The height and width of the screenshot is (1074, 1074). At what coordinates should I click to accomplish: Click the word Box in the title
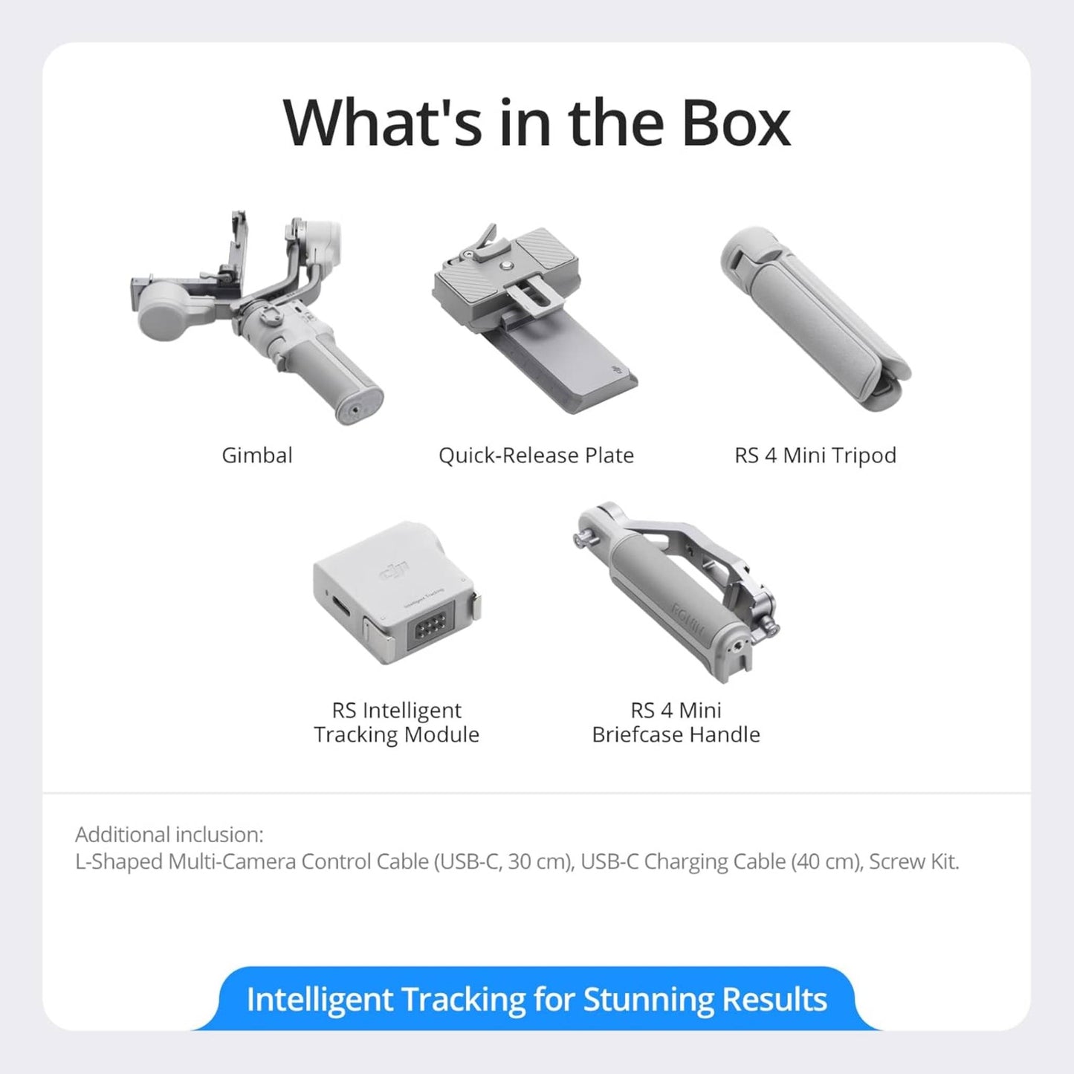pos(735,123)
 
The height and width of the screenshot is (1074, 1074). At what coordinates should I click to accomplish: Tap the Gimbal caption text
pos(257,455)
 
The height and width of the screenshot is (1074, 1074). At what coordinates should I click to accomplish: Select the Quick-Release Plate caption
pos(536,455)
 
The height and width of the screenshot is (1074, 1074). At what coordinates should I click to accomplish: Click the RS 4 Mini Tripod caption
pos(815,455)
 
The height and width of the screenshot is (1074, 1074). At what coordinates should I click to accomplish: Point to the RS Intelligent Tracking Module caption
pos(396,722)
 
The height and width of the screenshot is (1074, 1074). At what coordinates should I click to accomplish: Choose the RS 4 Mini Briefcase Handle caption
pos(676,722)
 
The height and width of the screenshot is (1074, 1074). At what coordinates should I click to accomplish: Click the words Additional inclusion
pos(169,835)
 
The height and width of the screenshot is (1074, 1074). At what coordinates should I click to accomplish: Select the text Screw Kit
pos(914,861)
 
